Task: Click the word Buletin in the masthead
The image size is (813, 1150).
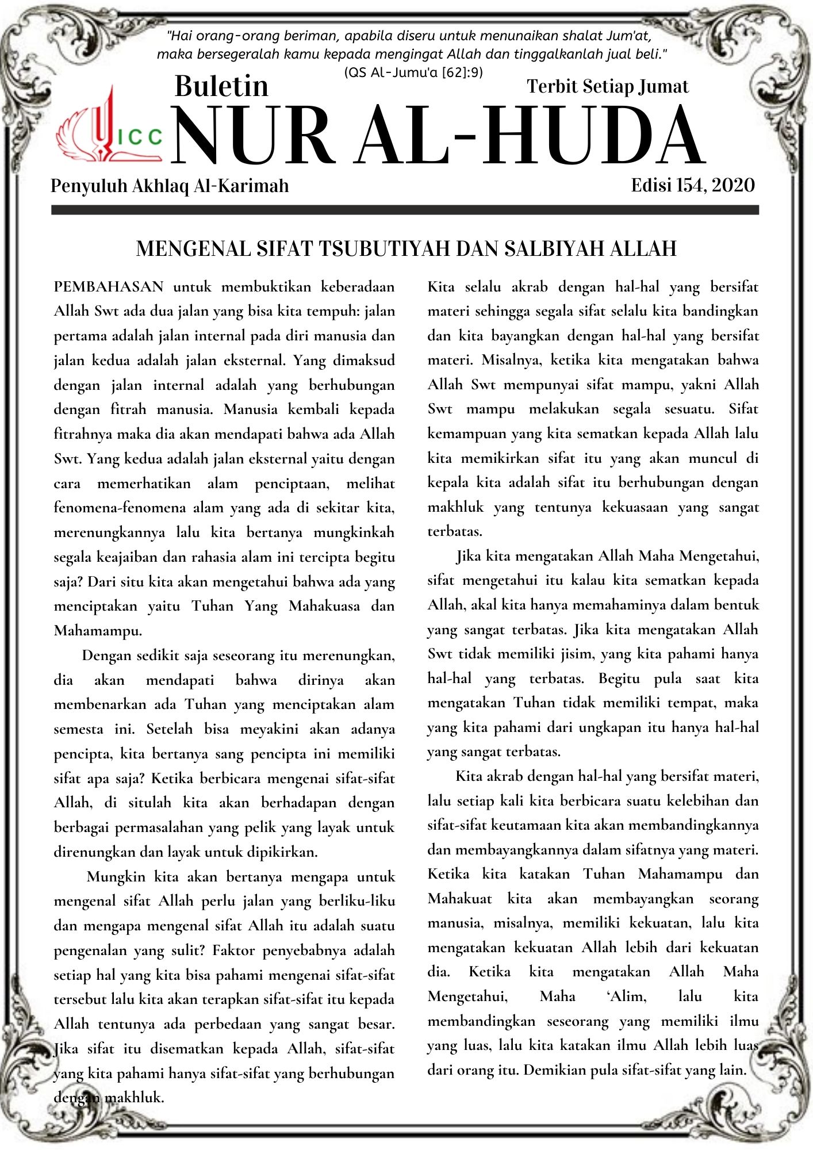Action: pyautogui.click(x=221, y=86)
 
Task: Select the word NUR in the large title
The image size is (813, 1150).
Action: pyautogui.click(x=253, y=136)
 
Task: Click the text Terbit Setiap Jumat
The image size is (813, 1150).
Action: pyautogui.click(x=607, y=86)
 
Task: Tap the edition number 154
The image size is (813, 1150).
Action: pyautogui.click(x=689, y=185)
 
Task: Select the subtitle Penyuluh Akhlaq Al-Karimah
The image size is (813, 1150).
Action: pyautogui.click(x=170, y=186)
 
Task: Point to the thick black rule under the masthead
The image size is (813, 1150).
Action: pyautogui.click(x=405, y=210)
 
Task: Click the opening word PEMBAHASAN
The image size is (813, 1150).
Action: pyautogui.click(x=109, y=286)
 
